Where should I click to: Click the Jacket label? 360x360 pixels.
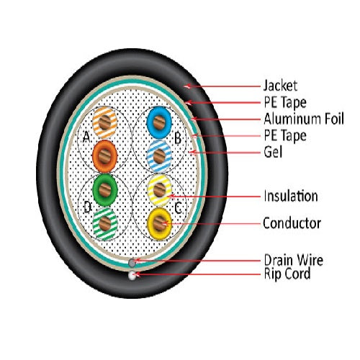(280, 86)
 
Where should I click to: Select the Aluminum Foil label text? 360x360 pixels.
(304, 119)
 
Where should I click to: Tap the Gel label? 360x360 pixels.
(273, 152)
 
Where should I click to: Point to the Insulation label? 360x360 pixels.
(291, 196)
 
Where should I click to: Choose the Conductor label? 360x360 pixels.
(292, 223)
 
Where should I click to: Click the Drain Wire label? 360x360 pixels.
(294, 260)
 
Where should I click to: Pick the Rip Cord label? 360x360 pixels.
(287, 274)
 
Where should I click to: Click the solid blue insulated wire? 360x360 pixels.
(159, 122)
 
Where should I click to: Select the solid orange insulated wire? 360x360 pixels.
(105, 156)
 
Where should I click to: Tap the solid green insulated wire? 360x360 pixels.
(105, 190)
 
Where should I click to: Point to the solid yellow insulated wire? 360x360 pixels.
(159, 223)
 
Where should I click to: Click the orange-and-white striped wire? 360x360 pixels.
(105, 122)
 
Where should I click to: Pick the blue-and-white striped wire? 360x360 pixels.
(159, 156)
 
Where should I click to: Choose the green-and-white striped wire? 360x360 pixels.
(105, 224)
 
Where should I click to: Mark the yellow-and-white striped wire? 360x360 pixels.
(159, 190)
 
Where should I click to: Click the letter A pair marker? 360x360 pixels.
(86, 137)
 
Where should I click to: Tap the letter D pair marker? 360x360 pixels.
(88, 207)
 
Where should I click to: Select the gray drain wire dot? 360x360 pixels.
(132, 262)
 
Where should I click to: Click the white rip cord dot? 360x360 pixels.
(132, 275)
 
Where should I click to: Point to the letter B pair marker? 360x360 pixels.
(178, 138)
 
